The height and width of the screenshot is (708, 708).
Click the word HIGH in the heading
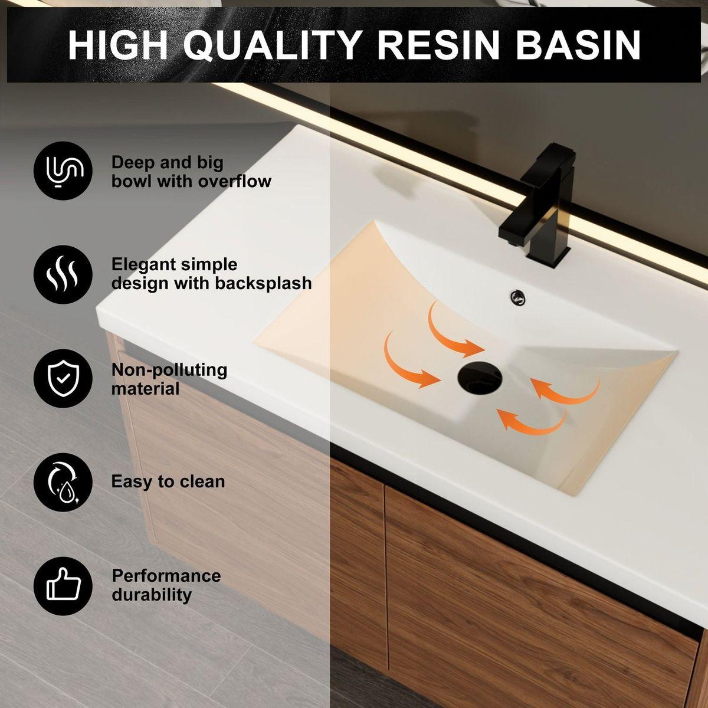(118, 44)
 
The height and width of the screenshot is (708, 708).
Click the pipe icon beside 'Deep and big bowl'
(63, 171)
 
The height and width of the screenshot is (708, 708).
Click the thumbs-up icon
(63, 586)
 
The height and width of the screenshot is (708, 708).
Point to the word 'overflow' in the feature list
(234, 181)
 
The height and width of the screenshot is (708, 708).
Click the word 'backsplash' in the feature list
(263, 283)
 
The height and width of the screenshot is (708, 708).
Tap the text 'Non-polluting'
(169, 370)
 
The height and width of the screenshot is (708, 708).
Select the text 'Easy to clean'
(168, 481)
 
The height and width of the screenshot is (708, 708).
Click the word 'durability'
(152, 594)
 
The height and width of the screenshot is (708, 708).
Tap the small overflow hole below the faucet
(519, 297)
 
